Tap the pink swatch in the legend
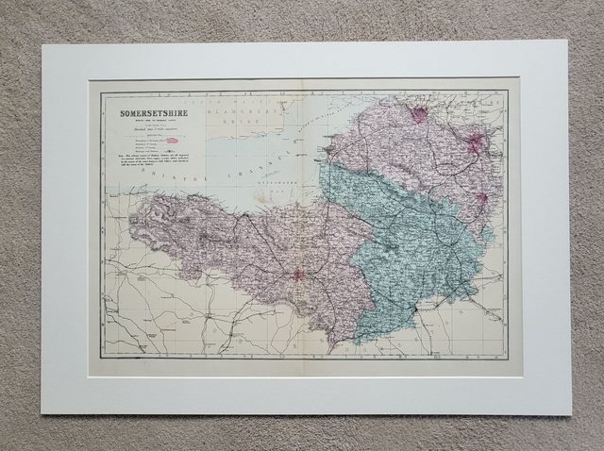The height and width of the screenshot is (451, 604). tap(173, 139)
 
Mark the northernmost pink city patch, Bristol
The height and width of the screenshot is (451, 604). tap(419, 114)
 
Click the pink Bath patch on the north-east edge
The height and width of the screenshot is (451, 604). tap(475, 143)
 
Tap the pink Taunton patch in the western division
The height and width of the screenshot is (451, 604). tap(298, 276)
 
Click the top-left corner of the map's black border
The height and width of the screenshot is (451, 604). tap(101, 92)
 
